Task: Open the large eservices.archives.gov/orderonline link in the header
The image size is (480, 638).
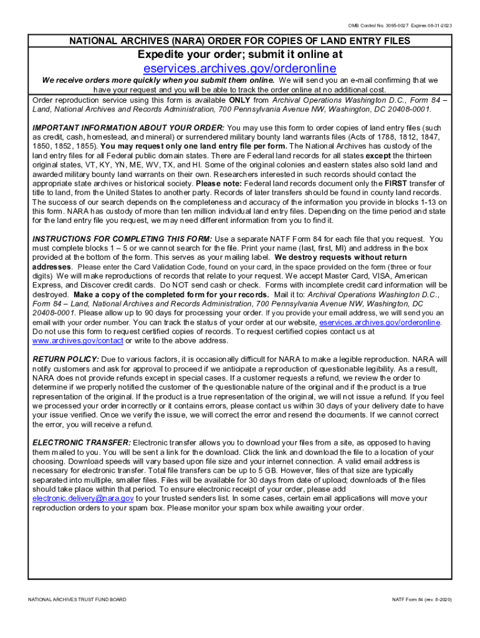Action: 240,68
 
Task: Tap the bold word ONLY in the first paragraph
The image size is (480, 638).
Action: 239,100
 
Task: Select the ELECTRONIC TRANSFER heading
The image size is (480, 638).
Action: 82,442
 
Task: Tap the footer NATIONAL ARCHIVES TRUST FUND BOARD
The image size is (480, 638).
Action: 77,599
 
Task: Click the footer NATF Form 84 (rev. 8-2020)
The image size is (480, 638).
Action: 421,599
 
